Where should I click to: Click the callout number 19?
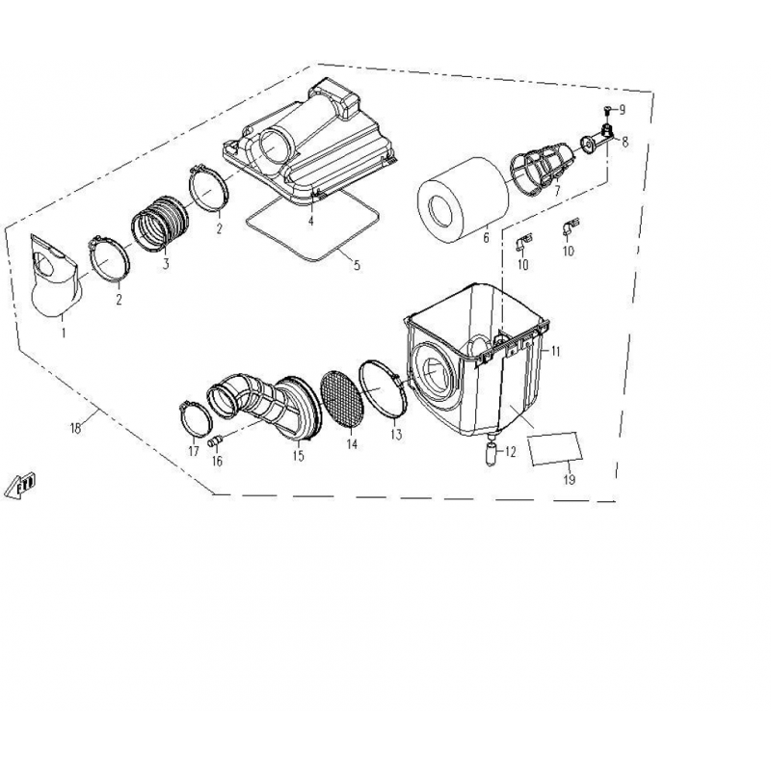(569, 479)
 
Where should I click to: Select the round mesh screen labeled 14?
(342, 398)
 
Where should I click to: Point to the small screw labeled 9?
(609, 109)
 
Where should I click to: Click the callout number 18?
(75, 428)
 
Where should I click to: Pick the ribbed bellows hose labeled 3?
(159, 224)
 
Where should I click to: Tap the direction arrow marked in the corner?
(20, 487)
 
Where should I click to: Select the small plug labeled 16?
(215, 441)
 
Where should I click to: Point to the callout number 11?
(555, 351)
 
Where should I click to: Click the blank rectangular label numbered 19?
(555, 448)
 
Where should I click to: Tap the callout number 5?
(357, 265)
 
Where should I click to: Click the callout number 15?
(298, 455)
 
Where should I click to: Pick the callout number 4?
(310, 221)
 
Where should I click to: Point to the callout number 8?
(625, 142)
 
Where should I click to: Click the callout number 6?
(487, 238)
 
